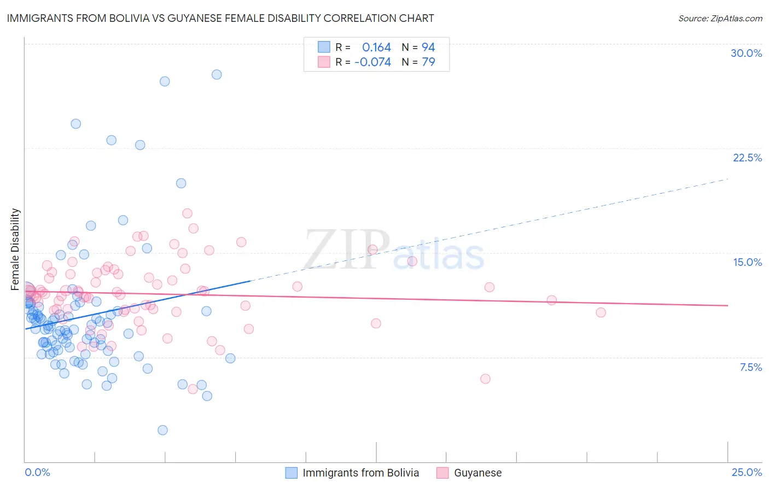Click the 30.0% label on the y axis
click(x=746, y=53)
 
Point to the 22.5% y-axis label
click(x=747, y=158)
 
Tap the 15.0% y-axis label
click(x=747, y=262)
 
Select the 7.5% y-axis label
click(x=750, y=367)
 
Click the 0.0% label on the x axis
click(x=37, y=472)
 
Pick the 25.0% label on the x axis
click(x=747, y=472)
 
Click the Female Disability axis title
click(x=15, y=249)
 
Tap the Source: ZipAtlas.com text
click(x=720, y=18)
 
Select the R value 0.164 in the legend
click(x=376, y=47)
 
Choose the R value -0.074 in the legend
click(x=372, y=62)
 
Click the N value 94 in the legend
click(x=428, y=47)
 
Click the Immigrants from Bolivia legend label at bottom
click(x=360, y=473)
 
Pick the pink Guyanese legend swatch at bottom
click(x=442, y=473)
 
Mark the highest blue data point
click(x=217, y=74)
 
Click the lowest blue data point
click(x=162, y=430)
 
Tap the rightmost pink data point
click(x=601, y=312)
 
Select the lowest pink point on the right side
click(x=485, y=379)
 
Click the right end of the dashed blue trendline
click(x=728, y=179)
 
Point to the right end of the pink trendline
click(x=728, y=305)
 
